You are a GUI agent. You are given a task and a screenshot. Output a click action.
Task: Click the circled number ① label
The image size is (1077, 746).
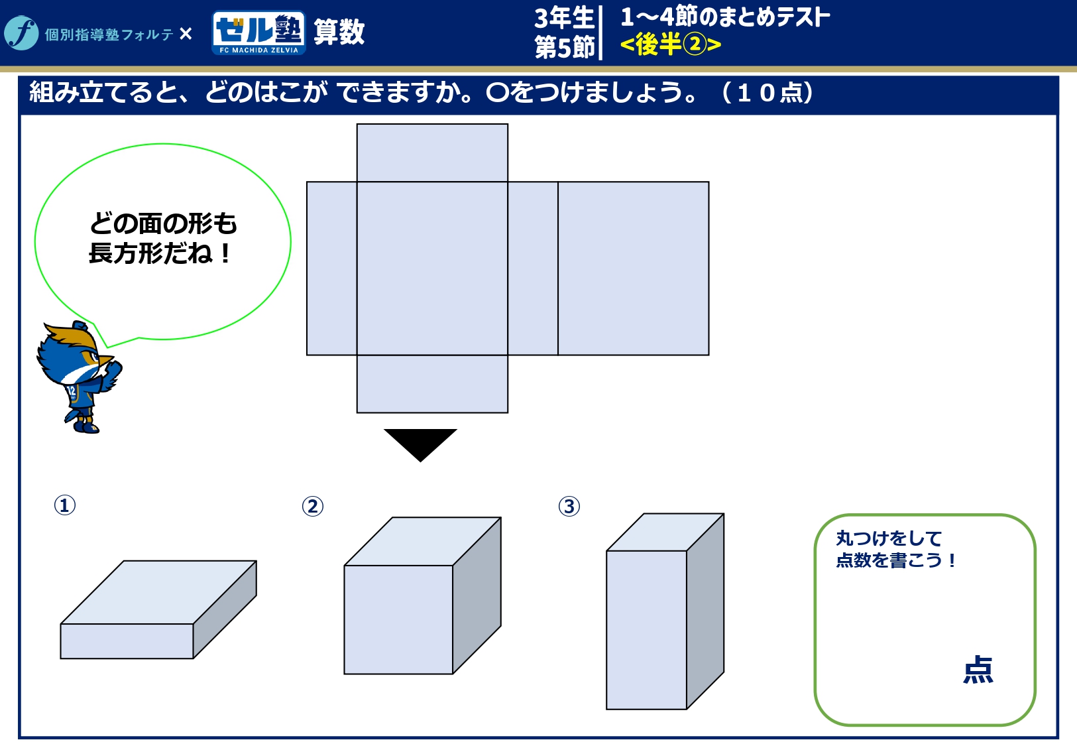pos(65,505)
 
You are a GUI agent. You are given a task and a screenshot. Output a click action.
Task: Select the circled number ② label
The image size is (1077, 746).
pos(313,507)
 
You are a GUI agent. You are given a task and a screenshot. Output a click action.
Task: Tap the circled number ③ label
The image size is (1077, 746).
pos(569,507)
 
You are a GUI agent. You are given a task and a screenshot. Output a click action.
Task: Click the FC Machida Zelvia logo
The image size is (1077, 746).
pos(258,32)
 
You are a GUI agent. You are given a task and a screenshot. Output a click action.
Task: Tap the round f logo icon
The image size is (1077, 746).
pos(21,33)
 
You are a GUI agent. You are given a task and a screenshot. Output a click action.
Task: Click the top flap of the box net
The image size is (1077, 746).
pos(432,153)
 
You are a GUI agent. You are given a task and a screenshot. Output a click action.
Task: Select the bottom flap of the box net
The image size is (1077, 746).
pos(432,384)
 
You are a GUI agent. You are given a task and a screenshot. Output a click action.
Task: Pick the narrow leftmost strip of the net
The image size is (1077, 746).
pos(332,269)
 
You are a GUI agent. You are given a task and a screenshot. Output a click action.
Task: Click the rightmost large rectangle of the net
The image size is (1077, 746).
pos(633,269)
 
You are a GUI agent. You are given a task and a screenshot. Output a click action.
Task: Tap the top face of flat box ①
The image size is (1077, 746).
pos(158,592)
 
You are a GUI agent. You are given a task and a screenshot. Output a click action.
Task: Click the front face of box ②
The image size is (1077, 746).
pos(398,619)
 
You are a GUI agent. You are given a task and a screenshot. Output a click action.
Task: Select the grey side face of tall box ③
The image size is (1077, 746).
pos(705,611)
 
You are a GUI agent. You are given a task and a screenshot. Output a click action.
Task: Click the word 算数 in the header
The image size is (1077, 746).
pos(339,32)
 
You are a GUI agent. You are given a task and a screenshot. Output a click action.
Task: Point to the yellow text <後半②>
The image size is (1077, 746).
pos(671,44)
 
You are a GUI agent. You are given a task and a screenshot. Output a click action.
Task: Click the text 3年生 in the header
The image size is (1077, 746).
pos(563,19)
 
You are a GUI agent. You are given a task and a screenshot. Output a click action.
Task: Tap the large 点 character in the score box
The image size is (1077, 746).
pos(978,669)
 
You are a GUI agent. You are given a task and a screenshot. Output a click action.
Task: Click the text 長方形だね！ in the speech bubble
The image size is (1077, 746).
pos(160,253)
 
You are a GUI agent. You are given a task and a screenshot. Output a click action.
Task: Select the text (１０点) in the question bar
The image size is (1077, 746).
pos(767,92)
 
